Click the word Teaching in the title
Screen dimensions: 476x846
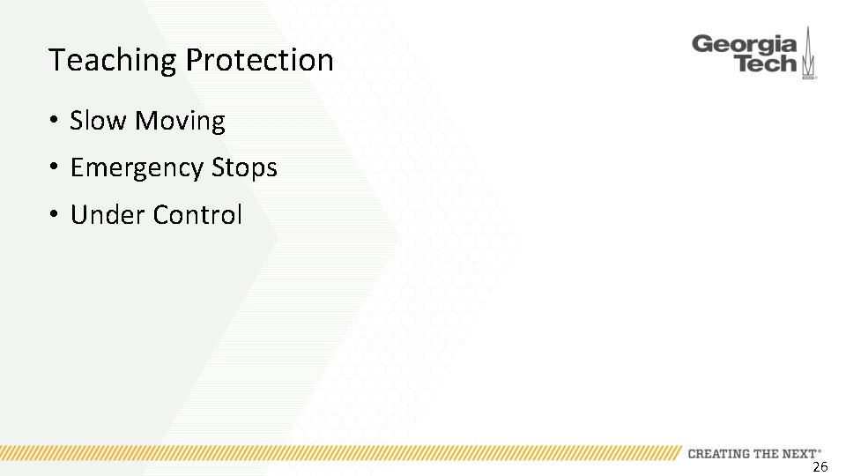pyautogui.click(x=113, y=61)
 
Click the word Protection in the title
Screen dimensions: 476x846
pyautogui.click(x=259, y=60)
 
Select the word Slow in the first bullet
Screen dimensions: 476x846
pyautogui.click(x=98, y=121)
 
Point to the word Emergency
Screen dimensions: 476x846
pyautogui.click(x=137, y=168)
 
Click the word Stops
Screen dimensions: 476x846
pyautogui.click(x=244, y=168)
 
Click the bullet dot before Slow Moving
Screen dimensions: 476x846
pyautogui.click(x=54, y=122)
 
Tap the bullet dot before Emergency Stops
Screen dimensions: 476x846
pyautogui.click(x=54, y=168)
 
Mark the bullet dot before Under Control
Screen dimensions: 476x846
pyautogui.click(x=54, y=215)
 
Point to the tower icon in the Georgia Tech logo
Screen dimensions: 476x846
pyautogui.click(x=808, y=55)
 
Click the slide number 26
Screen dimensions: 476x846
pyautogui.click(x=820, y=467)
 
